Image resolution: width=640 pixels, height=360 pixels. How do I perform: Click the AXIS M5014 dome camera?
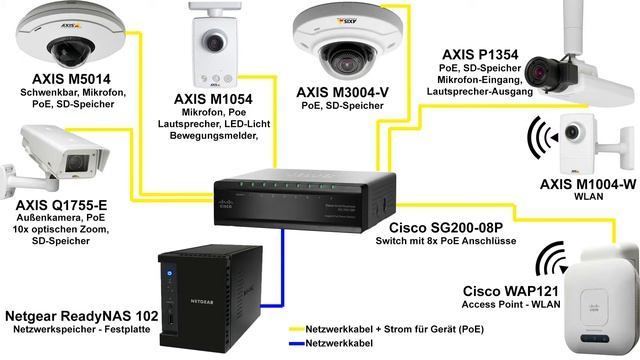[63, 37]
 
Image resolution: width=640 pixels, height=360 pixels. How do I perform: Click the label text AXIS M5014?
[73, 78]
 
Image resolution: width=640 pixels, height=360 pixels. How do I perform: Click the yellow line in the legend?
[294, 326]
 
